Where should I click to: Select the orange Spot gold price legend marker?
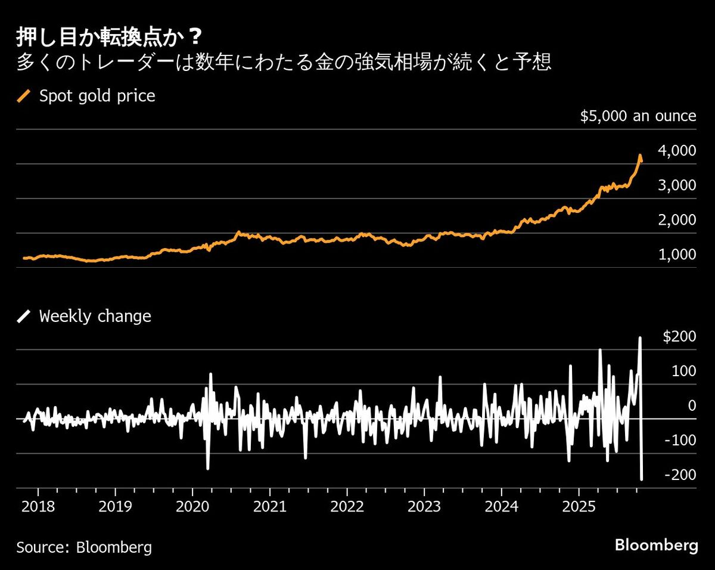pos(24,96)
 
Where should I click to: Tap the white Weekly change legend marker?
pos(24,315)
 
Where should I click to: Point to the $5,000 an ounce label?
pos(638,116)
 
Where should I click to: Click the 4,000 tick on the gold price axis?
pos(676,150)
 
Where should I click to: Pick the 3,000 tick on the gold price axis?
pos(676,185)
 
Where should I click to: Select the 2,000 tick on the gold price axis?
pos(676,219)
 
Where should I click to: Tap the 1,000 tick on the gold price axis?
pos(676,254)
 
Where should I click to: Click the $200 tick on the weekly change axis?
pos(679,336)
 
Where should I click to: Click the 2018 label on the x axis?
pos(38,506)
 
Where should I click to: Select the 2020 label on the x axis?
pos(192,506)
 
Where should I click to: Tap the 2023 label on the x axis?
pos(424,506)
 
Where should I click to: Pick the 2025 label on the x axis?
pos(579,506)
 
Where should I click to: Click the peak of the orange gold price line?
pos(640,156)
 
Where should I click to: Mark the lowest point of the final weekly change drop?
pos(642,479)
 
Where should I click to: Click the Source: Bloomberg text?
pos(84,547)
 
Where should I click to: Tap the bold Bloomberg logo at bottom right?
pos(656,545)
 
